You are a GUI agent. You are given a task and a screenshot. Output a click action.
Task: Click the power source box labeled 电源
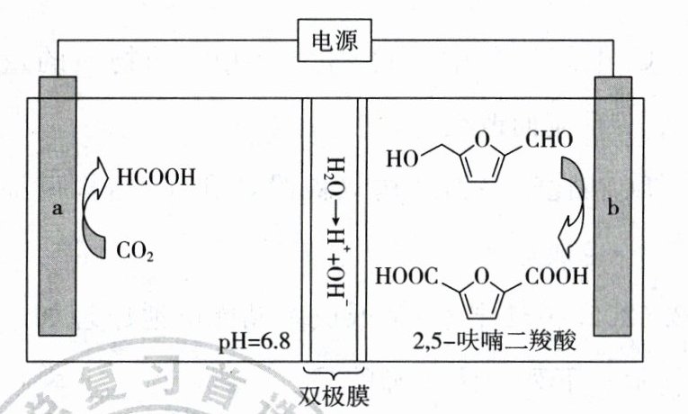tap(335, 42)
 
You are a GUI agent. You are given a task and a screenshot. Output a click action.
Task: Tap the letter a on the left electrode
tap(58, 209)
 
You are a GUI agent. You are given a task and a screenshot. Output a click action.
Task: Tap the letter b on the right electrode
tap(614, 209)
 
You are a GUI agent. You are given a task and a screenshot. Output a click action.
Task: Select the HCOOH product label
tap(156, 177)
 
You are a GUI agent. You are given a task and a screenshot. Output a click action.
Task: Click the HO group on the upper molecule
tap(402, 160)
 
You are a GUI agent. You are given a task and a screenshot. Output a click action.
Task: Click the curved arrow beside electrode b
tap(570, 205)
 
